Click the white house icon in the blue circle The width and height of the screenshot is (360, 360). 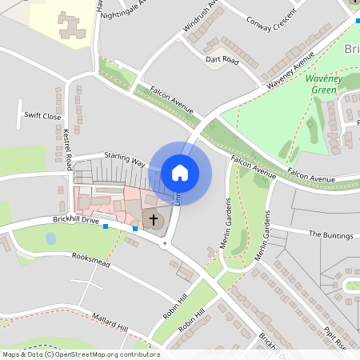point(180,173)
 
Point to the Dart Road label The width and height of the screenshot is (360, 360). point(222,60)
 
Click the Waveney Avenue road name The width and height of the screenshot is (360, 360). point(290,71)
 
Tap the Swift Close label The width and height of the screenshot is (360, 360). point(42,116)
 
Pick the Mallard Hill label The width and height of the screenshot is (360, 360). point(110,321)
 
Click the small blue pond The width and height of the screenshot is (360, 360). point(51,238)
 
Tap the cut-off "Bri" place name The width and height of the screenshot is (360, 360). point(351,50)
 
